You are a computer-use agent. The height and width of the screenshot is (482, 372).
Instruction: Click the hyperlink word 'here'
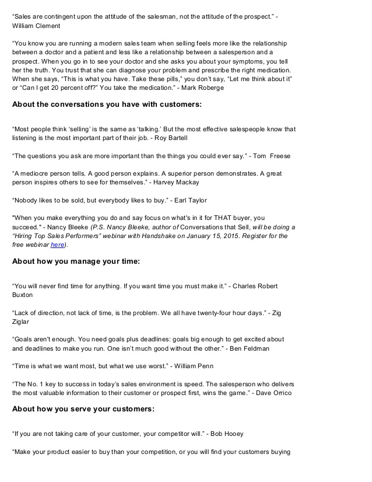pos(57,245)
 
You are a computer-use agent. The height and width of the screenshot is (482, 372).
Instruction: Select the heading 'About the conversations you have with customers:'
pos(107,104)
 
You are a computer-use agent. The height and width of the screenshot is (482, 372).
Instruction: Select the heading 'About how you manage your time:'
pos(76,261)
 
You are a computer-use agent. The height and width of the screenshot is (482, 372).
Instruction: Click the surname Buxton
pos(23,295)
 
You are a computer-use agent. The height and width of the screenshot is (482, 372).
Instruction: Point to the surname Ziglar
pos(23,321)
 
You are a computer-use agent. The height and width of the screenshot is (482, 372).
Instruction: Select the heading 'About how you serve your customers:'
pos(83,409)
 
